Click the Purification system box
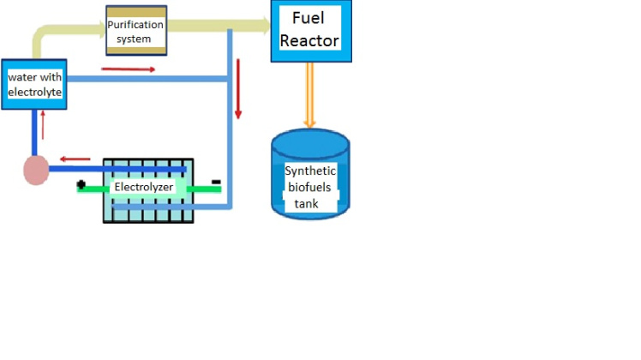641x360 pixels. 135,31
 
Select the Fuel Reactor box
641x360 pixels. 310,31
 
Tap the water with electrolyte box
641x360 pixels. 34,84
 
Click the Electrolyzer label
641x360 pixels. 144,186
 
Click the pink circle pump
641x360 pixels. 35,170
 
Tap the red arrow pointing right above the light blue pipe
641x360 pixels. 129,68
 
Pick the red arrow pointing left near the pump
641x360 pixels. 75,159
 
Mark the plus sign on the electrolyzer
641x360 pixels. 81,184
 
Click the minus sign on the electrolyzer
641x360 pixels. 216,182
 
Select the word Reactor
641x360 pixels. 309,40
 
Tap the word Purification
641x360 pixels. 135,25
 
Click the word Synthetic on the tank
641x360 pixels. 310,171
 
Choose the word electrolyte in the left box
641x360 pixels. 35,92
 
